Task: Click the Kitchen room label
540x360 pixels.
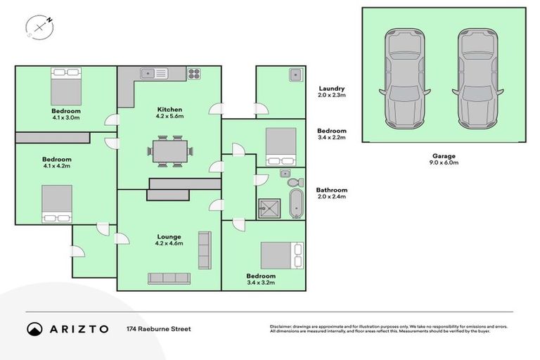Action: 169,110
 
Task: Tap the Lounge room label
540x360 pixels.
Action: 169,237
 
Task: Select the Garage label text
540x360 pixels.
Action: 444,155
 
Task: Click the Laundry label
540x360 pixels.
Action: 331,89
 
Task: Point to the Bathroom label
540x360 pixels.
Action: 332,190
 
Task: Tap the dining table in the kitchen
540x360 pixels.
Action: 169,151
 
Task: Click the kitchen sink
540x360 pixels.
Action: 151,73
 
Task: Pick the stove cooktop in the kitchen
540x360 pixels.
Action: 194,73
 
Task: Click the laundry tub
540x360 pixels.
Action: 295,75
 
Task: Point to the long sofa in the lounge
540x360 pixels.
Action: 169,278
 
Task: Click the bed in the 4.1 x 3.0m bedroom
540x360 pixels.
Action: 65,85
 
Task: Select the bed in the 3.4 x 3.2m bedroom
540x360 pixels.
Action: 282,255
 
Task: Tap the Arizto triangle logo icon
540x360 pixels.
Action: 34,329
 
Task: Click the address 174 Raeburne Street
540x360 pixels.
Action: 158,329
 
